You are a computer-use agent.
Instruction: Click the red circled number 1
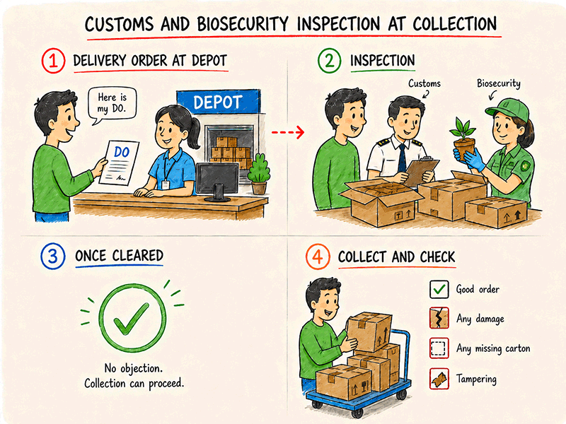[x=53, y=61]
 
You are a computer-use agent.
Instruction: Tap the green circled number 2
[x=329, y=61]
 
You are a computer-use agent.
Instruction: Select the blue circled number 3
[x=52, y=256]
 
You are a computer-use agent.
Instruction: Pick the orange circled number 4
[x=317, y=257]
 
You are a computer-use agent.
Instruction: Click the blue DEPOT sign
[x=219, y=102]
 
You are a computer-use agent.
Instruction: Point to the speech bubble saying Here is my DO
[x=112, y=105]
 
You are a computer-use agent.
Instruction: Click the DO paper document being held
[x=119, y=163]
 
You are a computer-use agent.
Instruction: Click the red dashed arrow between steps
[x=288, y=132]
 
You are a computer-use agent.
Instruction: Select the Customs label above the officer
[x=424, y=83]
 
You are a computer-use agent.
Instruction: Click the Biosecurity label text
[x=499, y=83]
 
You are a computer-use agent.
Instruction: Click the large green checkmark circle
[x=132, y=317]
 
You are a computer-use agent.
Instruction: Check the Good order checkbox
[x=439, y=289]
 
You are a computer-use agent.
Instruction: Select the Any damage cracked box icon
[x=439, y=318]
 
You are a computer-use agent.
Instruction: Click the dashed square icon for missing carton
[x=439, y=348]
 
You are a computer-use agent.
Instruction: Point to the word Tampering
[x=476, y=379]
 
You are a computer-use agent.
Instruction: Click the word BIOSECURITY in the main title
[x=243, y=25]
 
